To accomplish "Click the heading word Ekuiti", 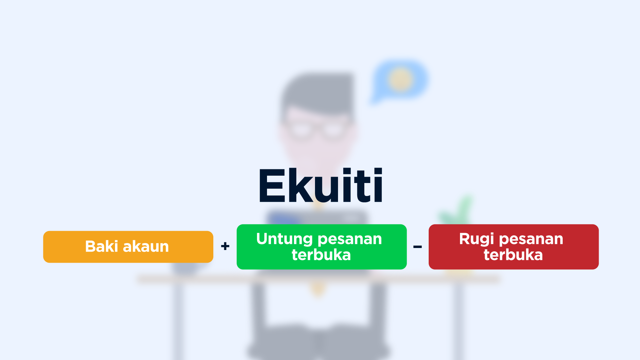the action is coord(321,185).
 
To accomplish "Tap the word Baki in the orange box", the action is coord(102,246).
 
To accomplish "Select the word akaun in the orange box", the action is coord(146,247).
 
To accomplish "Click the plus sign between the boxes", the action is coord(225,246).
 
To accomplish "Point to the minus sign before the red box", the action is coord(418,247).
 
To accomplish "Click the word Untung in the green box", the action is coord(285,239).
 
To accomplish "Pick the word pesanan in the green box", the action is coord(350,240).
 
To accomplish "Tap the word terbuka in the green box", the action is coord(321,255).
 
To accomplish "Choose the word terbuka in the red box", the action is coord(513,255).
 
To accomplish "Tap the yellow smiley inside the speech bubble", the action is coord(400,80).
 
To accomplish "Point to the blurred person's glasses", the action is coord(317,128).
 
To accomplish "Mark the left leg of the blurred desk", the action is coord(178,320).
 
